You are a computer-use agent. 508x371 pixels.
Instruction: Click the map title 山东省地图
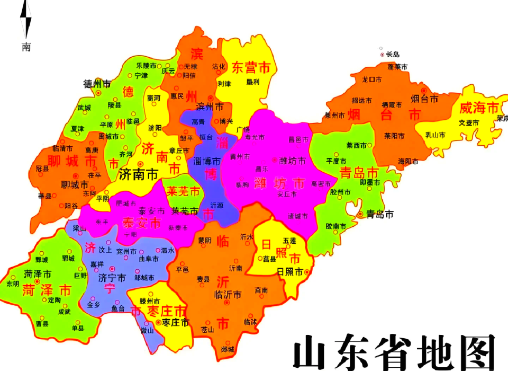(394, 351)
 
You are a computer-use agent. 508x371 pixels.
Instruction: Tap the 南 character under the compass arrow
(26, 48)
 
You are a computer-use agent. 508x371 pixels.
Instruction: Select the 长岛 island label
(392, 54)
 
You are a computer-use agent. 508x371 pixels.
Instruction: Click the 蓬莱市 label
(397, 67)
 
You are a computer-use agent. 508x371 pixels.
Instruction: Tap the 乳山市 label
(435, 135)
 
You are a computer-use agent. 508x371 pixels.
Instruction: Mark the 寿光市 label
(255, 137)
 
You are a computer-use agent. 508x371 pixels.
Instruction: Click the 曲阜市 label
(149, 259)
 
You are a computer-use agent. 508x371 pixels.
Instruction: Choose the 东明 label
(12, 284)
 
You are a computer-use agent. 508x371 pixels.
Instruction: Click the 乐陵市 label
(147, 66)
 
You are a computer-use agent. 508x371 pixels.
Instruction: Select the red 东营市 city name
(251, 67)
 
